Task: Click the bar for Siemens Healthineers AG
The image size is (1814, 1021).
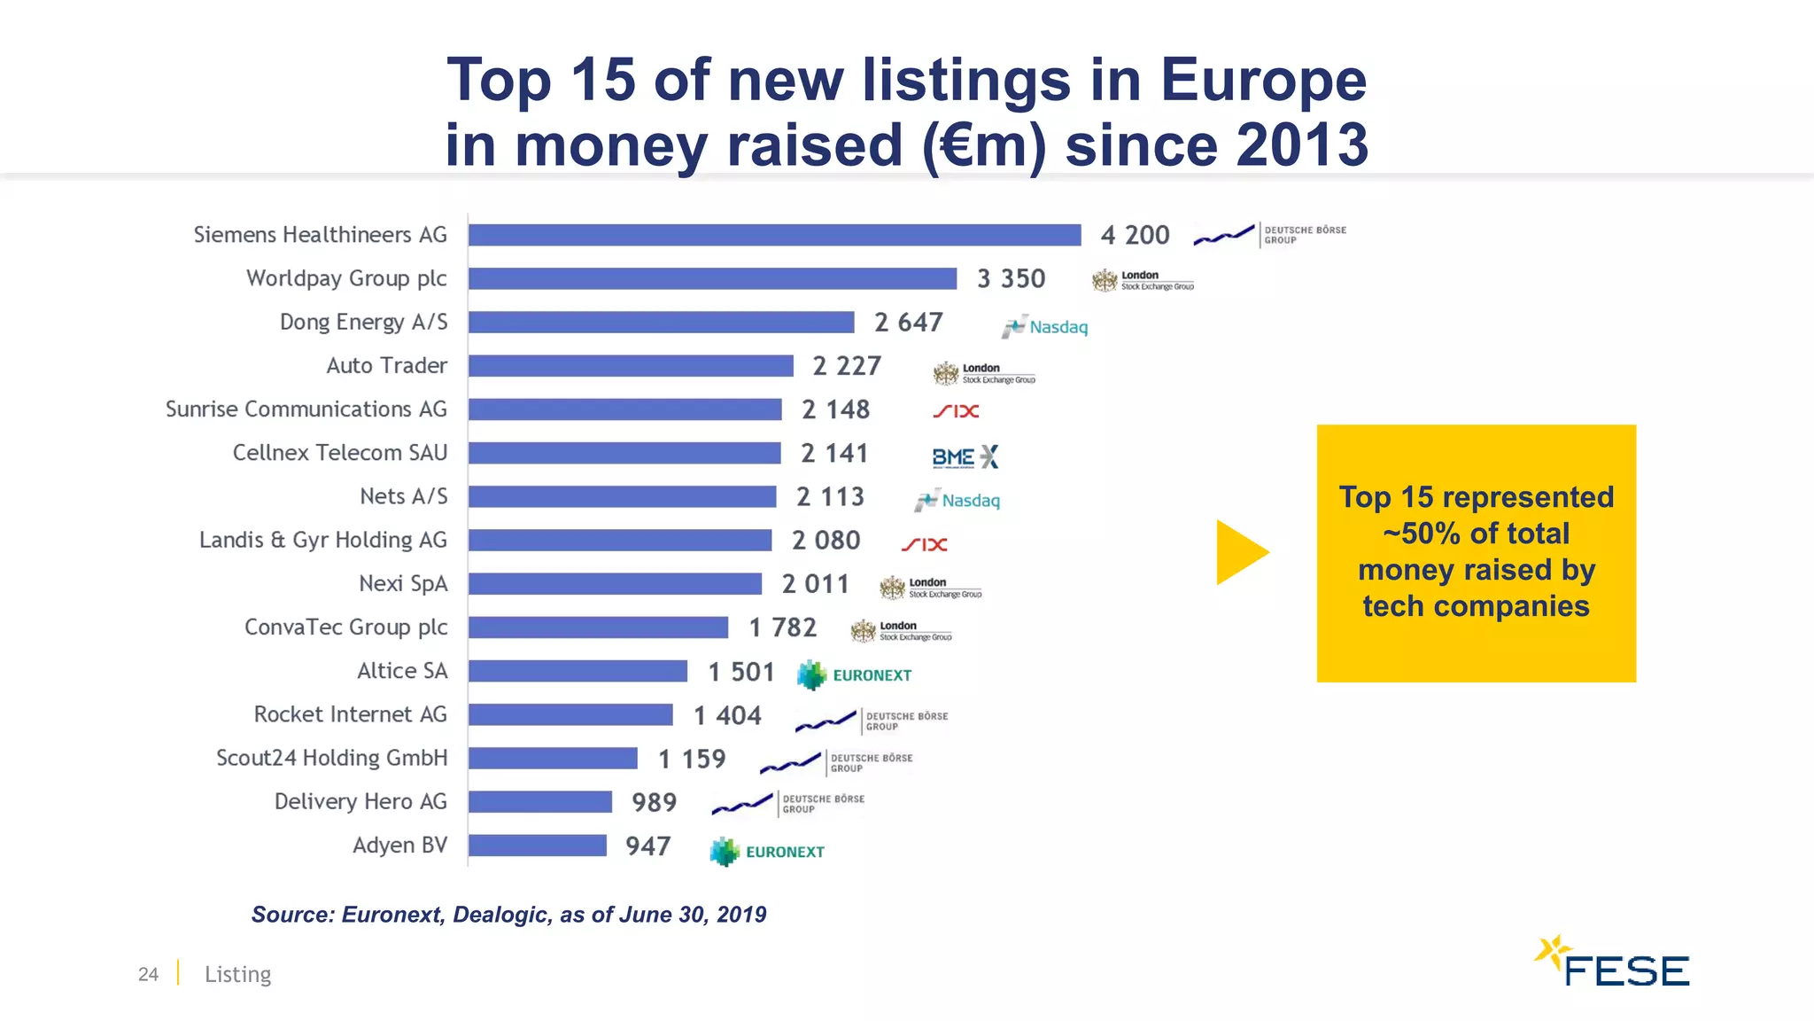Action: (774, 235)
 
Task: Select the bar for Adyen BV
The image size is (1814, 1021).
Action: (537, 846)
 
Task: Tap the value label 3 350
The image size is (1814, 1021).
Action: (1011, 279)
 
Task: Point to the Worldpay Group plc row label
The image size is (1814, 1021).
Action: (346, 278)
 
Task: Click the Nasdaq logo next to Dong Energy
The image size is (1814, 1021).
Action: (1045, 327)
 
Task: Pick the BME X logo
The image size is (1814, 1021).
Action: (965, 457)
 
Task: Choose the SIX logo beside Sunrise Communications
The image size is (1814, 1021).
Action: (956, 411)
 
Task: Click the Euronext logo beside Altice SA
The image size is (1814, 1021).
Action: (854, 675)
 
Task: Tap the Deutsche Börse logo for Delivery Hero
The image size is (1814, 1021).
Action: (788, 804)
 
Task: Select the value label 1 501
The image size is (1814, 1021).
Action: (740, 673)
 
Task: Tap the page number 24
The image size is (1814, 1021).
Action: (148, 974)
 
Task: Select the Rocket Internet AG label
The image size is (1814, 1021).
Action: (350, 714)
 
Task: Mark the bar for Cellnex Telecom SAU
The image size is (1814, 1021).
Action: (624, 453)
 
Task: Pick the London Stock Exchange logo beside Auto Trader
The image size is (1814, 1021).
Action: (983, 373)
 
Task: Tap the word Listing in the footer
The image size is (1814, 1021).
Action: (237, 974)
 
